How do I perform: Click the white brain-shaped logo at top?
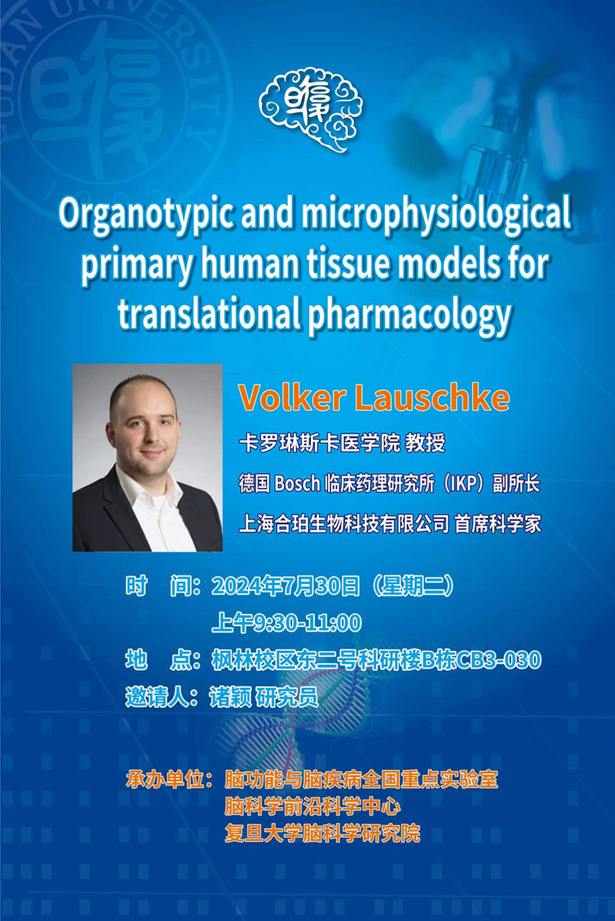[x=311, y=109]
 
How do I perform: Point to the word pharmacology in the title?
[x=410, y=315]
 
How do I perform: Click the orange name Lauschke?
[x=433, y=398]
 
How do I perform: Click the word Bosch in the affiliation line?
[x=297, y=483]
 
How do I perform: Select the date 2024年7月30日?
[x=286, y=586]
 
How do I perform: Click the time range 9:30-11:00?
[x=306, y=622]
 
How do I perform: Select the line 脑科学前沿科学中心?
[x=313, y=806]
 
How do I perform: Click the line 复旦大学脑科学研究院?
[x=323, y=833]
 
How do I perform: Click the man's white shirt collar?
[x=148, y=489]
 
